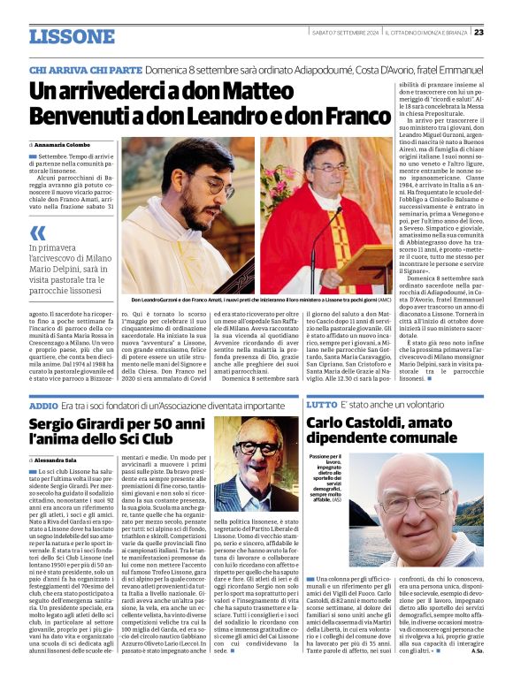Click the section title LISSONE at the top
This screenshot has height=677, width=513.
(72, 36)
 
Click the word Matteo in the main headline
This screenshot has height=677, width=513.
(234, 90)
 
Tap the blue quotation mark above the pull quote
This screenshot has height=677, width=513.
(37, 232)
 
